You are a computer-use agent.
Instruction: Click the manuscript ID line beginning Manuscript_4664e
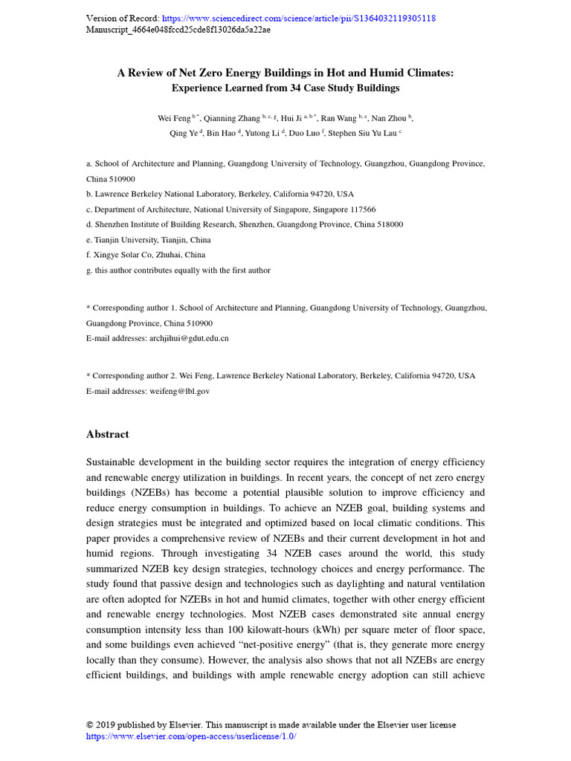pyautogui.click(x=178, y=30)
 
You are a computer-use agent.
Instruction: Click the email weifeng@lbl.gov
pyautogui.click(x=179, y=391)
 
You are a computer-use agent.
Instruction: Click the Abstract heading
pyautogui.click(x=108, y=434)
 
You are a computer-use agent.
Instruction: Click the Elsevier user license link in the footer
pyautogui.click(x=191, y=736)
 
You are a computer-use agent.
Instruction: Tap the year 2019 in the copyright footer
pyautogui.click(x=106, y=725)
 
